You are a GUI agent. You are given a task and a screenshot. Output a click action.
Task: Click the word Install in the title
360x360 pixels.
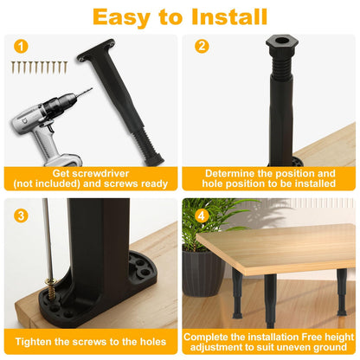[x=229, y=17]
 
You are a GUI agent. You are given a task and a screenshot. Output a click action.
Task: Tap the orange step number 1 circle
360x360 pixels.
[x=21, y=46]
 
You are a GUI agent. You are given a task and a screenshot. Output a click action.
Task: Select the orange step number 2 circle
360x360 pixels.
[x=202, y=46]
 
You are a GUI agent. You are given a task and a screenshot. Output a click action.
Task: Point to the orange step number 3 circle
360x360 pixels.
[x=21, y=215]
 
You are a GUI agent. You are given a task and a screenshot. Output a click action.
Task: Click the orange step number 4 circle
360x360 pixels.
[x=201, y=215]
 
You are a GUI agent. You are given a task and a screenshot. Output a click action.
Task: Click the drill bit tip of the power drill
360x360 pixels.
[x=92, y=88]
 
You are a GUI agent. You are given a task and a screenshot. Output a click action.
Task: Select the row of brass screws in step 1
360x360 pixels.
[x=39, y=67]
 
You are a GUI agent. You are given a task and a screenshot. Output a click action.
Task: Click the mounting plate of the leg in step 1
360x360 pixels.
[x=96, y=49]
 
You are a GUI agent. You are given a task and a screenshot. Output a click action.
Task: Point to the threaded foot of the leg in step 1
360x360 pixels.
[x=149, y=149]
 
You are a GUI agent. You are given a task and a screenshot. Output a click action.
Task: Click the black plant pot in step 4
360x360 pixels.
[x=202, y=273]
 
